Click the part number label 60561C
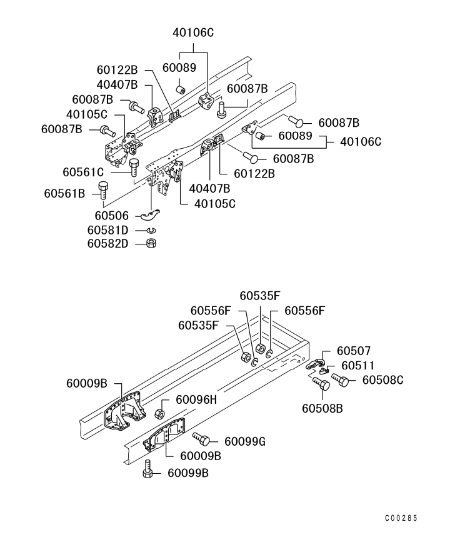83,171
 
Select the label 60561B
64,193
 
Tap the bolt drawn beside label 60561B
104,190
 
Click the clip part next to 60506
150,216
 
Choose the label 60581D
107,230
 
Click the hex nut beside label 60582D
151,243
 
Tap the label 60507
354,352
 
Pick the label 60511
354,366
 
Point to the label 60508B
323,408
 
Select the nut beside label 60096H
160,413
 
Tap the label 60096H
196,399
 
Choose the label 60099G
245,442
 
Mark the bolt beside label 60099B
147,469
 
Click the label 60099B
188,473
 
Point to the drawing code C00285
400,518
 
